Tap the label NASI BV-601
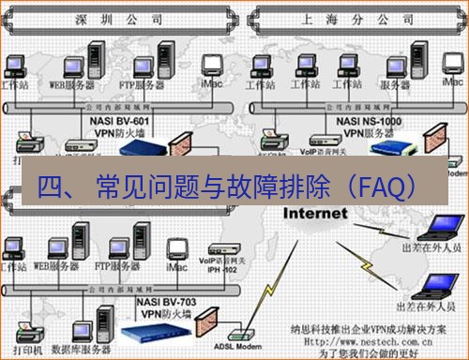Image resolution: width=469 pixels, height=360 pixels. (120, 120)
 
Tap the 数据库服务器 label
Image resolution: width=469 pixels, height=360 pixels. (76, 349)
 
